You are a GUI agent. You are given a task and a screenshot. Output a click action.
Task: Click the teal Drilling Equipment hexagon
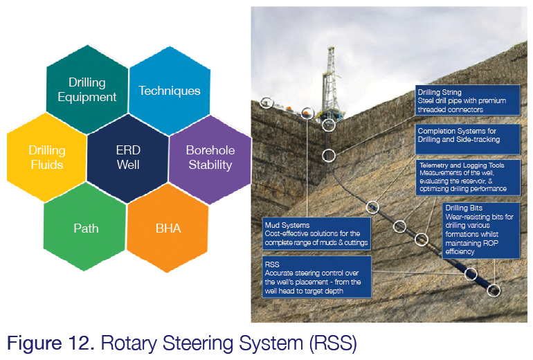pyautogui.click(x=87, y=90)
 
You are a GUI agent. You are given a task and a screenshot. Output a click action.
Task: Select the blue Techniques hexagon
pyautogui.click(x=170, y=91)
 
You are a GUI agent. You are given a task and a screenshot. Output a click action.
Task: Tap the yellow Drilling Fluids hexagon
pyautogui.click(x=47, y=157)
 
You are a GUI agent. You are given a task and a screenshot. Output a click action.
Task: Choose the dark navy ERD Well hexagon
pyautogui.click(x=128, y=157)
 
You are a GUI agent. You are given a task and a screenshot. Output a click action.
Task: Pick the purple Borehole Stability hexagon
pyautogui.click(x=210, y=157)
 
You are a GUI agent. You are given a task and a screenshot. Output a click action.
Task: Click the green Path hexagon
pyautogui.click(x=87, y=228)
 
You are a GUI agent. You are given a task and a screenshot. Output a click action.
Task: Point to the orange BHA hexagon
pyautogui.click(x=169, y=228)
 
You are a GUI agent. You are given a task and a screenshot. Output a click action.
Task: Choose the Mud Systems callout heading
pyautogui.click(x=289, y=225)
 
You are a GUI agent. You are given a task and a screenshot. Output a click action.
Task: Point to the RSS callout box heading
pyautogui.click(x=272, y=264)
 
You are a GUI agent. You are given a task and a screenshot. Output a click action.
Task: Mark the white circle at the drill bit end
pyautogui.click(x=494, y=290)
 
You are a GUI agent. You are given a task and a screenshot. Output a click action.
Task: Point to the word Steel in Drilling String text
pyautogui.click(x=426, y=101)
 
